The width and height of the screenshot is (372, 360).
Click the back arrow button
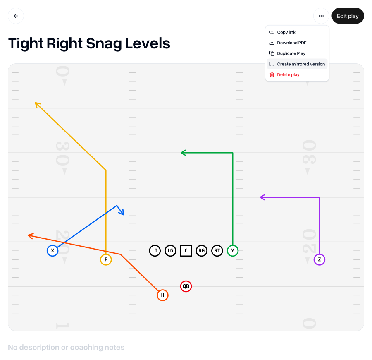click(16, 16)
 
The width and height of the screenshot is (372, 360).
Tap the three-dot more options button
click(321, 16)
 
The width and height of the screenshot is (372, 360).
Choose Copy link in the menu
click(286, 32)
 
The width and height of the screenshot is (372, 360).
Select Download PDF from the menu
click(291, 43)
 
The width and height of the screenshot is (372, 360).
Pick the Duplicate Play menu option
click(291, 53)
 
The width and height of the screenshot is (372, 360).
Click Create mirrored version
click(300, 64)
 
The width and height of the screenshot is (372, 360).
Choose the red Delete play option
click(288, 75)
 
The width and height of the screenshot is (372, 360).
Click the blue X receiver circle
click(52, 251)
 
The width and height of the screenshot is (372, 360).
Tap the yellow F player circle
click(106, 260)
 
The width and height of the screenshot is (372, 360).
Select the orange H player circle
click(163, 295)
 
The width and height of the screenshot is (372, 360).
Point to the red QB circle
click(186, 286)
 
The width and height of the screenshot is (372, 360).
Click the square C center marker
click(186, 251)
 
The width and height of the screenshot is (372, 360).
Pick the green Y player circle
click(233, 251)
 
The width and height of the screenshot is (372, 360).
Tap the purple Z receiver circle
click(320, 260)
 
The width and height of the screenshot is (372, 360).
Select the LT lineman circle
click(155, 251)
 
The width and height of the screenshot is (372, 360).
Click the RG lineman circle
click(201, 251)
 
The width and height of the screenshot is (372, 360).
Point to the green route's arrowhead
click(182, 153)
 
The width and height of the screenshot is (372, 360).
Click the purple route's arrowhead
click(261, 197)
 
